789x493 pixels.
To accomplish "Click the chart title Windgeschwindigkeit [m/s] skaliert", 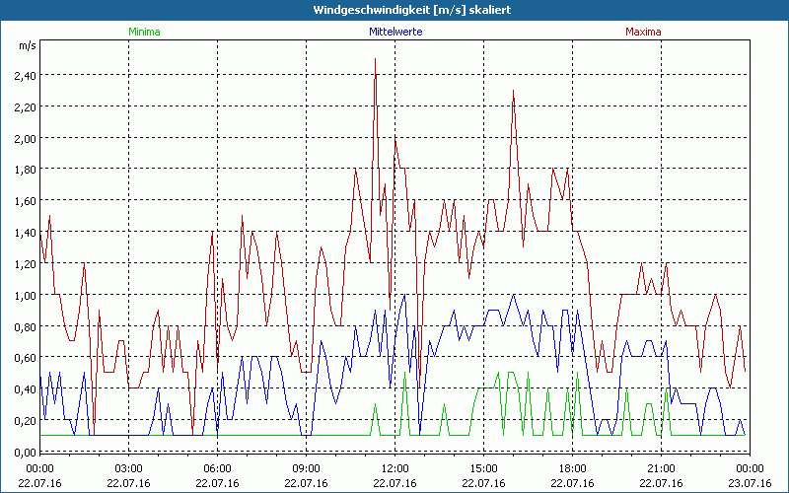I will click(x=394, y=10).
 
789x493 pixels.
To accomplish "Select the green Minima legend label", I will click(x=144, y=32).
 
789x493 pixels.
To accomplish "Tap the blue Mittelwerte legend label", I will click(x=394, y=32).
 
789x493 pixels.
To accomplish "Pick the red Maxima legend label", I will click(x=644, y=32).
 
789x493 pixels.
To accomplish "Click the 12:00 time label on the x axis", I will click(x=394, y=467).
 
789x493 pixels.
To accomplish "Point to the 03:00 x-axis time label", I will click(x=129, y=467).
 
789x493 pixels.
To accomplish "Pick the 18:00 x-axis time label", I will click(x=572, y=467).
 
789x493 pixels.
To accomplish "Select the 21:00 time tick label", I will click(x=661, y=467).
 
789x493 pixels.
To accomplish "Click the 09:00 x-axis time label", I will click(x=306, y=467).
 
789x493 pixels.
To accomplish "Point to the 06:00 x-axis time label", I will click(x=218, y=467).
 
